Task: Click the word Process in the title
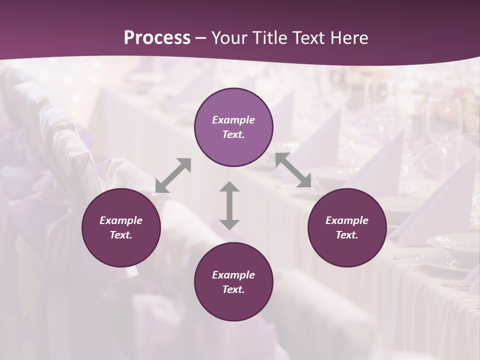point(157,38)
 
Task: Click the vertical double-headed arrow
point(229,205)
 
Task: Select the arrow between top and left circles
point(173,175)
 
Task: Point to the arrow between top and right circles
point(293,170)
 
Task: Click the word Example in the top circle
point(233,120)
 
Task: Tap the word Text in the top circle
point(233,134)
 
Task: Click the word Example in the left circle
point(121,220)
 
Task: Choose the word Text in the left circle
point(121,235)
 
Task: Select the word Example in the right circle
point(347,220)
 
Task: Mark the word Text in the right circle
point(347,235)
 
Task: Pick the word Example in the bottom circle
point(233,275)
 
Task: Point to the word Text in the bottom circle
point(233,289)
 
